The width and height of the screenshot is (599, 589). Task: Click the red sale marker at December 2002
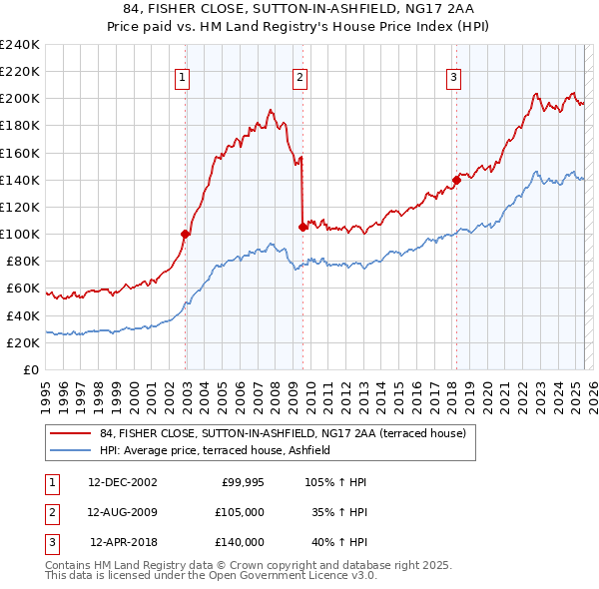coord(186,234)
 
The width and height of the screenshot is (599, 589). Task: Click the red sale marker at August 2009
coord(302,227)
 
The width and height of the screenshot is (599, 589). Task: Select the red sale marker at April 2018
coord(456,180)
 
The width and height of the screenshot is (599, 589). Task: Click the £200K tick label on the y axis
coord(21,99)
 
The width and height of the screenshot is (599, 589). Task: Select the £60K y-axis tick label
coord(24,289)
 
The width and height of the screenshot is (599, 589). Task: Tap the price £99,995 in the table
coord(241,482)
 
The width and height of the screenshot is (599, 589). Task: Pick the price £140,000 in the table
coord(240,542)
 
